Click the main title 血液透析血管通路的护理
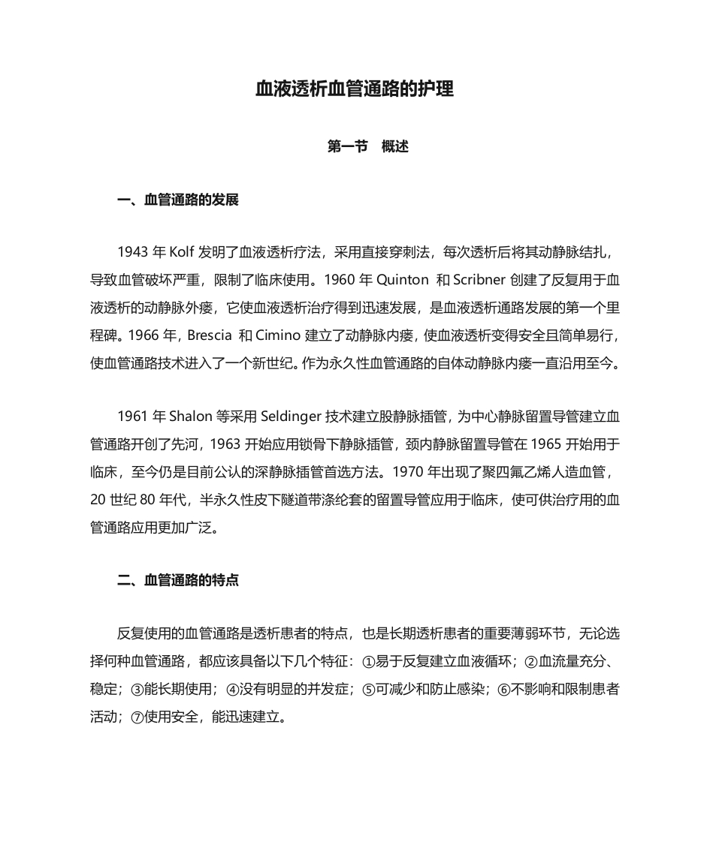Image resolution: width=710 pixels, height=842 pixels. (x=355, y=89)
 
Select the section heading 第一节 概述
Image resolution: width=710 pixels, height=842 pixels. (x=368, y=146)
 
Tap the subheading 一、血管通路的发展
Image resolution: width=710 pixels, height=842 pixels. (x=178, y=200)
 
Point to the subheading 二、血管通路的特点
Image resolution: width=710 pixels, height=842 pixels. (x=178, y=580)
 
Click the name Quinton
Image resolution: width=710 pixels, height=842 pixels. (x=401, y=280)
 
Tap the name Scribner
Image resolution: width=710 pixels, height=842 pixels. (x=479, y=280)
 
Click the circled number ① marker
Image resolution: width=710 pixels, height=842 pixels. (x=367, y=662)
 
